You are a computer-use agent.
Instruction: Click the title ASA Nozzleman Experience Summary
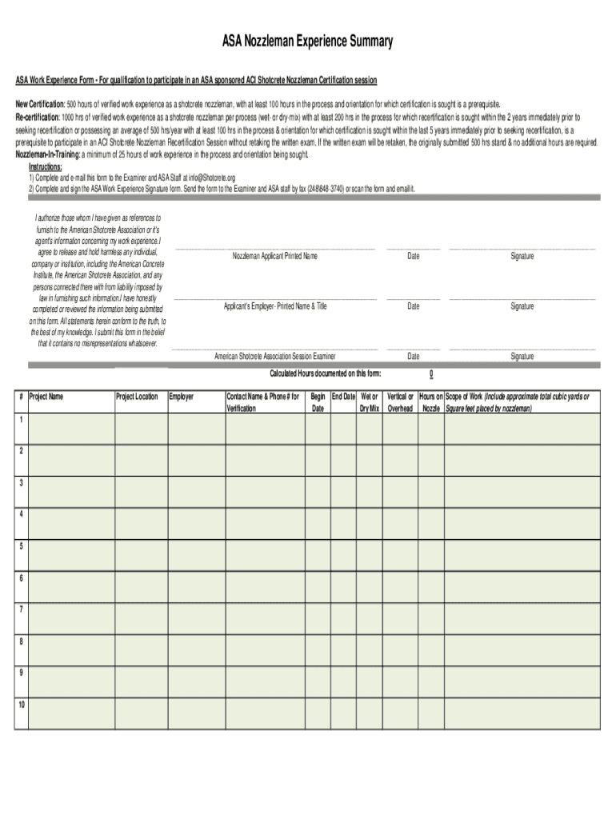pyautogui.click(x=307, y=42)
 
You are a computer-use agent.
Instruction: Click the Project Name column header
pyautogui.click(x=46, y=396)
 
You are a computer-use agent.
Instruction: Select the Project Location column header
pyautogui.click(x=137, y=396)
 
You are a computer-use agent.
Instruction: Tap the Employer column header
pyautogui.click(x=182, y=396)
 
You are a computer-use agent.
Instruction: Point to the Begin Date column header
pyautogui.click(x=318, y=402)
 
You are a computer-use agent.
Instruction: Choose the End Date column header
pyautogui.click(x=343, y=396)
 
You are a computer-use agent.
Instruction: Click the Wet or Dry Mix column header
pyautogui.click(x=369, y=402)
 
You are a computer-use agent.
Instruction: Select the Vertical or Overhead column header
pyautogui.click(x=400, y=402)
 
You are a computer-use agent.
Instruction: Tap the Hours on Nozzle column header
pyautogui.click(x=431, y=402)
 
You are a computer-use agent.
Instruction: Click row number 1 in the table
pyautogui.click(x=21, y=419)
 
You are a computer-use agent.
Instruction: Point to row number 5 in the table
pyautogui.click(x=21, y=546)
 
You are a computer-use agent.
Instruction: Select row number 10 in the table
pyautogui.click(x=22, y=705)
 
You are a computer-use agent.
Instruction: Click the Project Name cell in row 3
pyautogui.click(x=70, y=492)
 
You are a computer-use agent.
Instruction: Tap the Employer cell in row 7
pyautogui.click(x=195, y=619)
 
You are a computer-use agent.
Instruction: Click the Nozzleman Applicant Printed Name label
pyautogui.click(x=275, y=256)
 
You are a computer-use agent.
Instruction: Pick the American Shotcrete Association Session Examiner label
pyautogui.click(x=275, y=356)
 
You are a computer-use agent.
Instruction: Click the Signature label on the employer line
pyautogui.click(x=522, y=306)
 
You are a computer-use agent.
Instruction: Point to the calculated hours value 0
pyautogui.click(x=431, y=374)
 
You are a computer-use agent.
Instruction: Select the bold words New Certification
pyautogui.click(x=39, y=104)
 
